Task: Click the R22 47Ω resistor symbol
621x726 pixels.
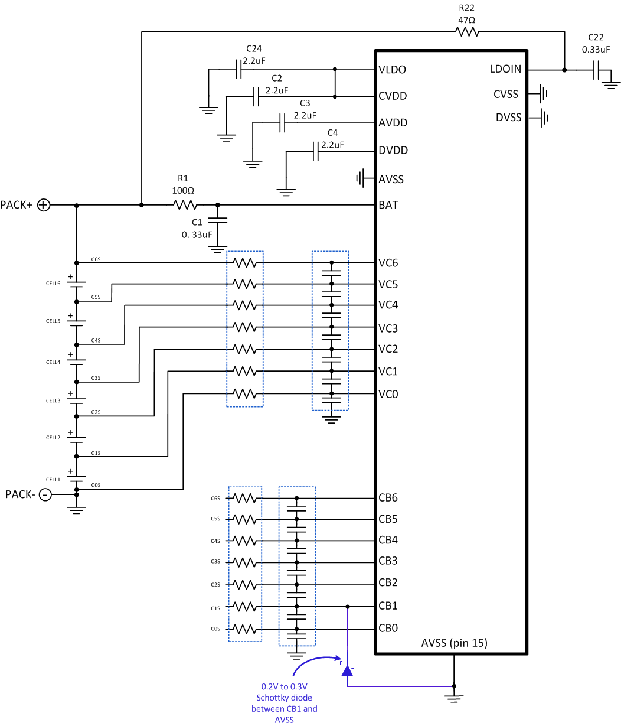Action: point(466,32)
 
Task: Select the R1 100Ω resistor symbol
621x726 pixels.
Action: point(185,205)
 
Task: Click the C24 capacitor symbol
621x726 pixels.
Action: point(238,69)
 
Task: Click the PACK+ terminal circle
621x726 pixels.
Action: point(44,205)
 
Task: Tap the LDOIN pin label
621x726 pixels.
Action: point(505,69)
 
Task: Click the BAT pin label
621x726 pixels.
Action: point(388,206)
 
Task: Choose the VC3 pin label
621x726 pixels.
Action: point(388,328)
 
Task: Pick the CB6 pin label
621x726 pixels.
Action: point(388,498)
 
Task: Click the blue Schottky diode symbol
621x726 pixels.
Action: point(347,670)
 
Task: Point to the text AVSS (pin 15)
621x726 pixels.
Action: point(455,643)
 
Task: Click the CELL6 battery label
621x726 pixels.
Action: point(53,284)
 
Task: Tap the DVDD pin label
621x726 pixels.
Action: point(393,151)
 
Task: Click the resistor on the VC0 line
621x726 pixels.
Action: point(245,393)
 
